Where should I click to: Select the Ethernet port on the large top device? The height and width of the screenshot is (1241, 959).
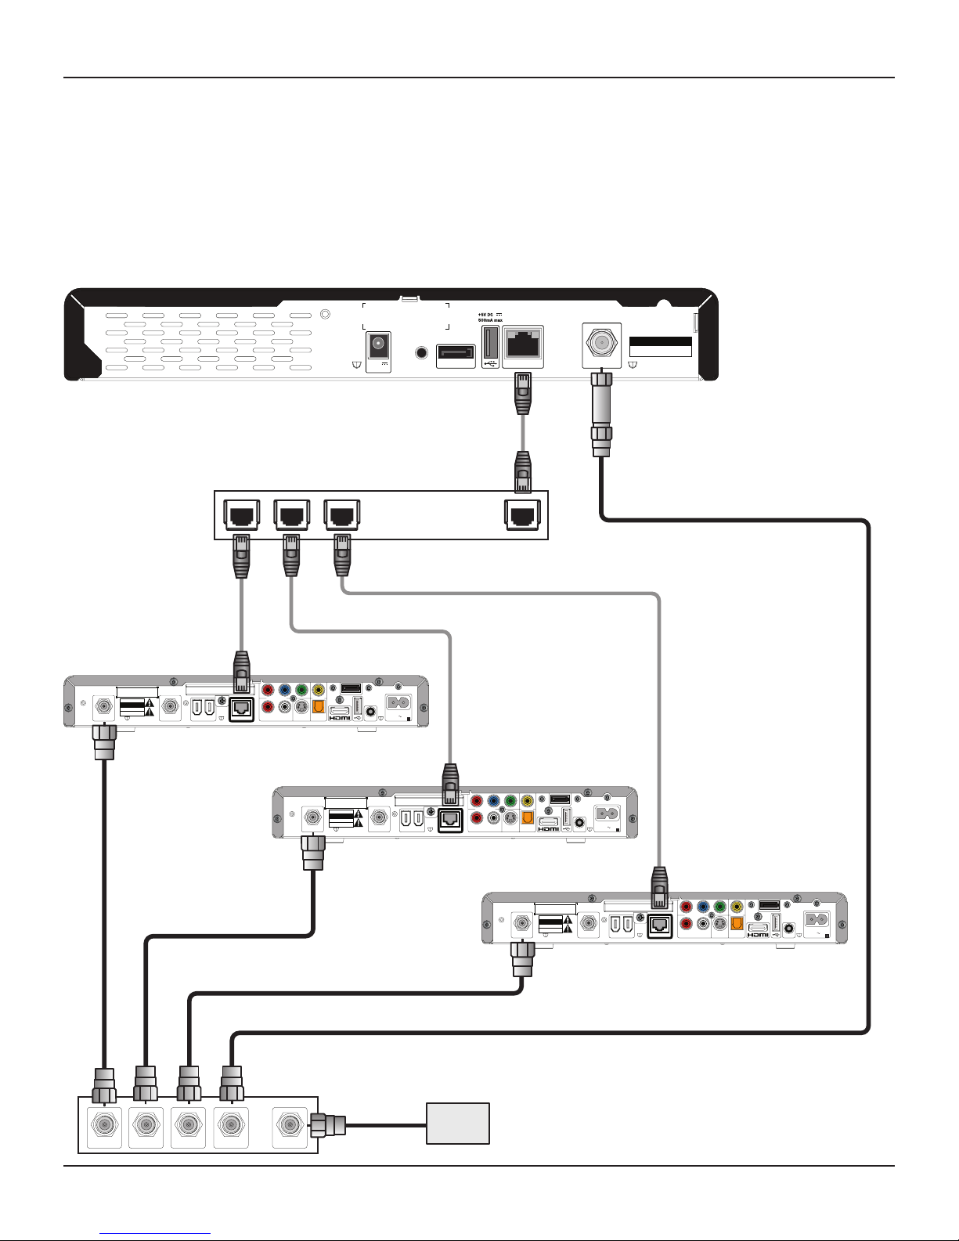click(522, 345)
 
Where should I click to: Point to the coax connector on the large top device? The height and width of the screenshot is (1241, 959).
click(601, 344)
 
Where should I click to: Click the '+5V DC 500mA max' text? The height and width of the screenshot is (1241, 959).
click(491, 317)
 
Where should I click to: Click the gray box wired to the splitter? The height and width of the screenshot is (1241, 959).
click(458, 1124)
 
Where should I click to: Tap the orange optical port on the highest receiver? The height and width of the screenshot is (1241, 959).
click(319, 706)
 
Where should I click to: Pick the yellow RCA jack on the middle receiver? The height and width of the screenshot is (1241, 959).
click(528, 801)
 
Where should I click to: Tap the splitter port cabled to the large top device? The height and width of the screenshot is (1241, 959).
click(230, 1125)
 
